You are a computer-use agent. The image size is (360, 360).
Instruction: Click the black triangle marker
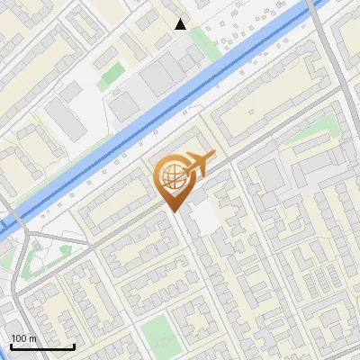[x=181, y=23]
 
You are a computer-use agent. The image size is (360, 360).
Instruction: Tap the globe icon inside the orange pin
[x=172, y=176]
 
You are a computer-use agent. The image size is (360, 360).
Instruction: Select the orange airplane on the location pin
[x=196, y=165]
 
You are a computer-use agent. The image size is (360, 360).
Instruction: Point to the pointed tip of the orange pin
[x=174, y=211]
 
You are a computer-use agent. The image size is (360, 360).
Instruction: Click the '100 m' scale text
[x=24, y=337]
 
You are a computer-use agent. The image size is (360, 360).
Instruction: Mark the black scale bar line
[x=41, y=346]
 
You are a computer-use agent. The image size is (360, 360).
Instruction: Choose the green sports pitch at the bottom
[x=159, y=334]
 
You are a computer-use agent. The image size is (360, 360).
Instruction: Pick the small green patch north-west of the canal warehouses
[x=111, y=74]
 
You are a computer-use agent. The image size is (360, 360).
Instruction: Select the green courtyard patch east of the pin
[x=312, y=132]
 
